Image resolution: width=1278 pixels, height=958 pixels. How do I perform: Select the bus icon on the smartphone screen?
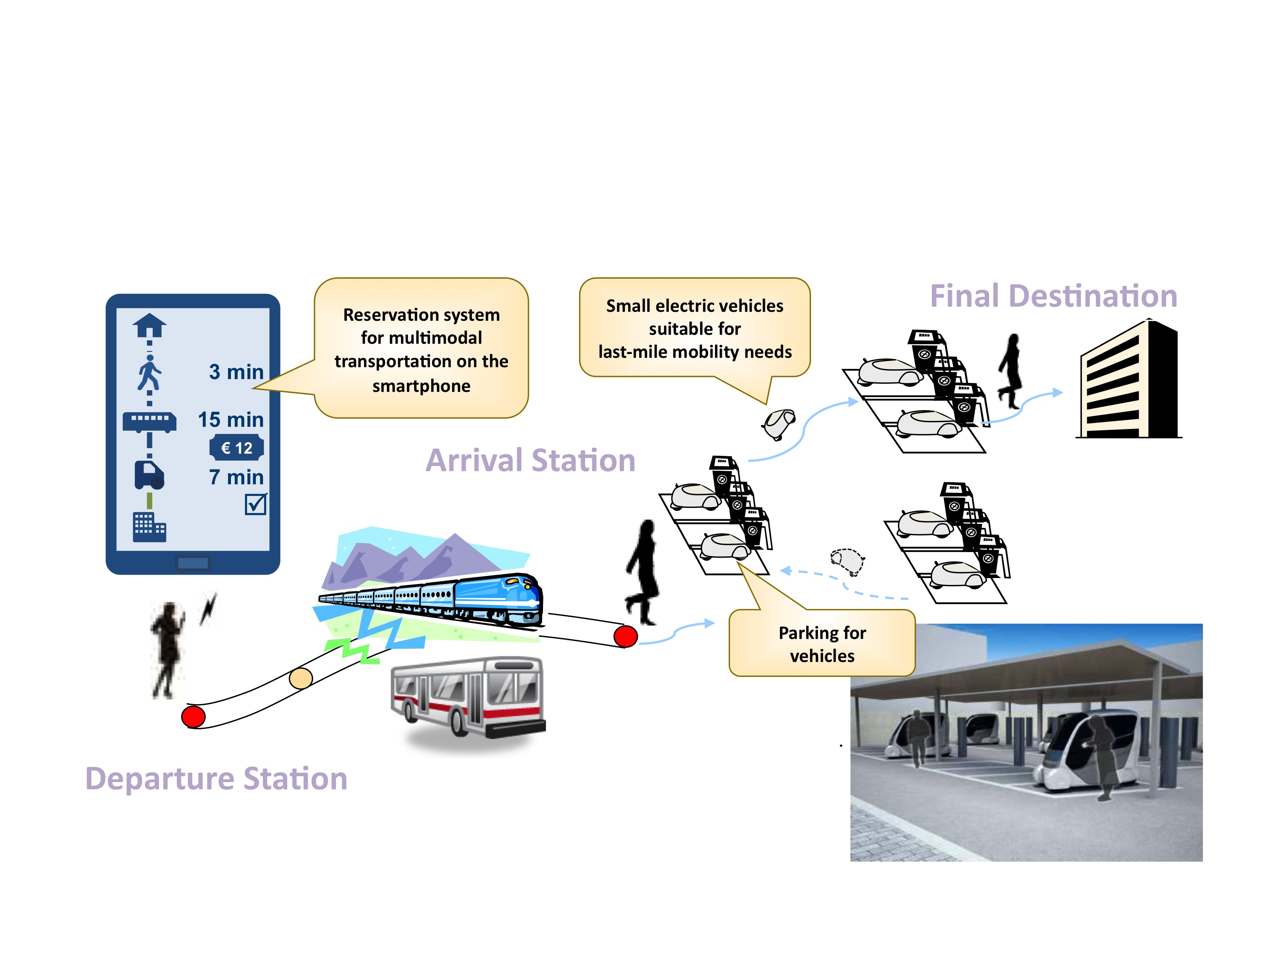click(149, 422)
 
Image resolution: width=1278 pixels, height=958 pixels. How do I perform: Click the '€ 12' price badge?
click(237, 448)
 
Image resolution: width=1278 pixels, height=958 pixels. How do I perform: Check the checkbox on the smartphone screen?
click(255, 503)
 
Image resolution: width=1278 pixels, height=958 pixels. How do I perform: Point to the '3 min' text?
click(236, 372)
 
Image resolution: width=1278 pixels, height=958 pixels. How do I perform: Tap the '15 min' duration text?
click(231, 420)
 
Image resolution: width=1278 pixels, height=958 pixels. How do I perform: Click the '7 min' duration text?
click(236, 478)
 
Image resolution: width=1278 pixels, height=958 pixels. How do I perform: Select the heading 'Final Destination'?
click(1053, 296)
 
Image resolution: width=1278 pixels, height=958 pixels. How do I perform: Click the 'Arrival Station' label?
click(531, 461)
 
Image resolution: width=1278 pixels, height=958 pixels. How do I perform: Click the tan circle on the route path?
click(300, 678)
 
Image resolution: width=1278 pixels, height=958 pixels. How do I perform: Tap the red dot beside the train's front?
click(625, 636)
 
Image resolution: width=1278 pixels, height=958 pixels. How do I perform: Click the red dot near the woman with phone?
click(193, 716)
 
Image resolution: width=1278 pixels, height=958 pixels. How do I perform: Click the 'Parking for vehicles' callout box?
click(822, 644)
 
